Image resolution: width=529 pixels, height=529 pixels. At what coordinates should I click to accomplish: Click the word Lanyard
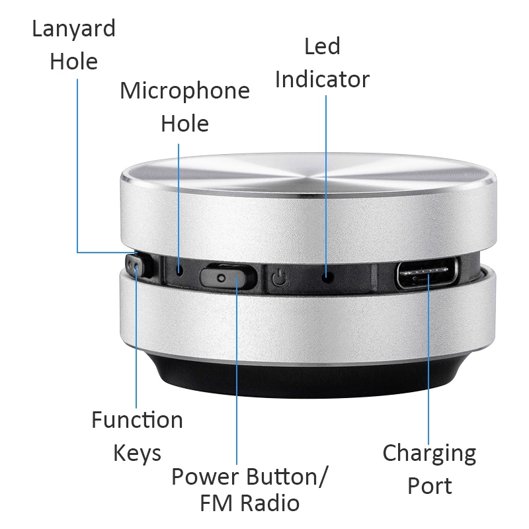click(73, 29)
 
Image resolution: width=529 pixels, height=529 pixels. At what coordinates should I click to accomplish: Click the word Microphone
click(184, 91)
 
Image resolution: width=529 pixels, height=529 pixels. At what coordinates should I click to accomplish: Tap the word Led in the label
click(322, 46)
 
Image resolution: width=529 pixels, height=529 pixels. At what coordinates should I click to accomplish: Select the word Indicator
click(322, 79)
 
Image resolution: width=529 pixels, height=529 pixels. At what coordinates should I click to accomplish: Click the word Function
click(137, 420)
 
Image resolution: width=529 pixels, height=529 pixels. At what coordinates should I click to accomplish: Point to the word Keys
click(137, 454)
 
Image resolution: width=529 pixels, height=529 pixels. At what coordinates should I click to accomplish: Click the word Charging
click(429, 454)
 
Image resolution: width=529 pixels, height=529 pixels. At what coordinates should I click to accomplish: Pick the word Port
click(429, 487)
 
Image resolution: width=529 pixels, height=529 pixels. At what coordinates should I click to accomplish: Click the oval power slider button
click(227, 276)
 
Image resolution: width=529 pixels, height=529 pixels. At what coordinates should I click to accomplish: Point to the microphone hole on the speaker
click(181, 270)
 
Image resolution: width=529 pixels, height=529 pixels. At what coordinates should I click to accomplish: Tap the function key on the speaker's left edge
click(136, 267)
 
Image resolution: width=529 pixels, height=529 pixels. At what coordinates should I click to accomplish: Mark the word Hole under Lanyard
click(73, 62)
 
